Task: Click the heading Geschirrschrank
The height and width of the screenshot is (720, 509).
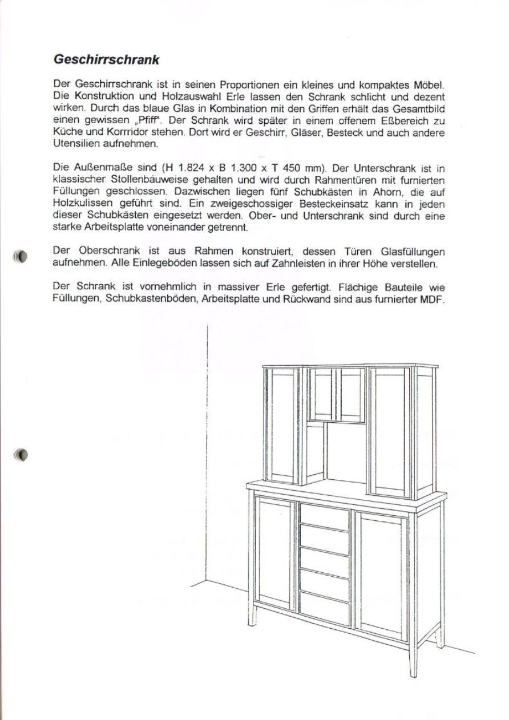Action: point(106,59)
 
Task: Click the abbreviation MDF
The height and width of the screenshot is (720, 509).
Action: point(432,300)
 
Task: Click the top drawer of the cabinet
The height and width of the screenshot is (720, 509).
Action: point(324,517)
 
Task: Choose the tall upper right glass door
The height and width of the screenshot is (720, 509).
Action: point(390,432)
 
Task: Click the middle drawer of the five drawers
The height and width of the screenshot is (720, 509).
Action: point(324,563)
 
